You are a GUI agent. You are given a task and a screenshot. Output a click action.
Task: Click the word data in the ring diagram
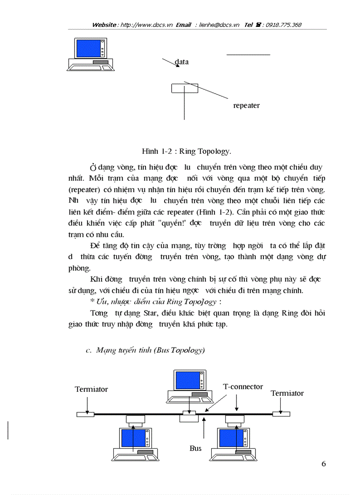tap(182, 62)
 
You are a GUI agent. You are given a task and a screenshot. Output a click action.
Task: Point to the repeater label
tap(246, 106)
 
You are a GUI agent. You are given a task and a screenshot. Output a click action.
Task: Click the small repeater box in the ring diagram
tap(184, 88)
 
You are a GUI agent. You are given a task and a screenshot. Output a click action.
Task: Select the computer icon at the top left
tap(91, 54)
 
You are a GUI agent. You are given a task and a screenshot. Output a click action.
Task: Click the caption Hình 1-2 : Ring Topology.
tap(186, 152)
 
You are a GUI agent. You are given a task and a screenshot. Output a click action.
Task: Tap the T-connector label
tap(243, 387)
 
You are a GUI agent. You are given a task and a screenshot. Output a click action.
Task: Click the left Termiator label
tap(91, 390)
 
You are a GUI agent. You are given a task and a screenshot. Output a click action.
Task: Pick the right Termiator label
tap(287, 393)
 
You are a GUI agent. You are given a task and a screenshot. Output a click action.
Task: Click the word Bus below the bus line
tap(195, 448)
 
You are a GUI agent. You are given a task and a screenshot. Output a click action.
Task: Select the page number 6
tap(324, 464)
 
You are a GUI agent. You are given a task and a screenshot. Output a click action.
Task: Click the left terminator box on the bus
tap(85, 414)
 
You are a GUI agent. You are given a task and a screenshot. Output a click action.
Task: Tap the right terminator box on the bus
tap(281, 414)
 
